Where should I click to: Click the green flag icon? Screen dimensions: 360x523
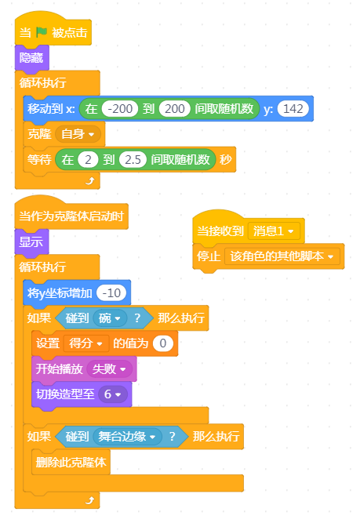click(42, 32)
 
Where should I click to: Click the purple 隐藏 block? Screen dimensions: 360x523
click(31, 58)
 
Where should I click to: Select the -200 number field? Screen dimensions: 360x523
click(120, 109)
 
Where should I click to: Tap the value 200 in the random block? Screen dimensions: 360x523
click(174, 109)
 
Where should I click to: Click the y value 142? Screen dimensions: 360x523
click(293, 109)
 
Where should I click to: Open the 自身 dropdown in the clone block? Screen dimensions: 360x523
click(78, 134)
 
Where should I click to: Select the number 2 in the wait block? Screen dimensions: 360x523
click(88, 160)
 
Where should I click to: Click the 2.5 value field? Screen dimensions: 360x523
click(133, 160)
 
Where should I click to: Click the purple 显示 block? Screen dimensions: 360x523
click(31, 242)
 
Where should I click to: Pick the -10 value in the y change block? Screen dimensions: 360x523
click(111, 292)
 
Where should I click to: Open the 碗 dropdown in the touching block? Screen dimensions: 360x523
click(110, 318)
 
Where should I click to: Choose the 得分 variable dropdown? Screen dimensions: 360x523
click(86, 343)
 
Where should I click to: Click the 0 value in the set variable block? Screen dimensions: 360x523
click(163, 343)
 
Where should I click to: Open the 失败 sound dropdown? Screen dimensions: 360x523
click(109, 369)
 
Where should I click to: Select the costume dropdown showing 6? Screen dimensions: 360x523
click(112, 394)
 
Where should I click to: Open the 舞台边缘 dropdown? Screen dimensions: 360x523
click(127, 436)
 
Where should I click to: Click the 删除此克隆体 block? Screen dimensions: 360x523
click(71, 463)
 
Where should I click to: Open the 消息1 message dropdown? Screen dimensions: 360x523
click(274, 231)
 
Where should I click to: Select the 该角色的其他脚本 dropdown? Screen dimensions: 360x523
click(282, 256)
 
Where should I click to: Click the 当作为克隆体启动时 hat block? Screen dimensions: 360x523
click(71, 216)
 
